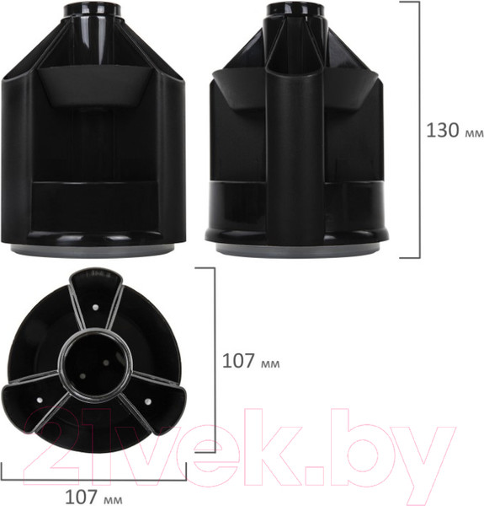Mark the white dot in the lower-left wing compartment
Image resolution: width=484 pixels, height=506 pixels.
[41, 392]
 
